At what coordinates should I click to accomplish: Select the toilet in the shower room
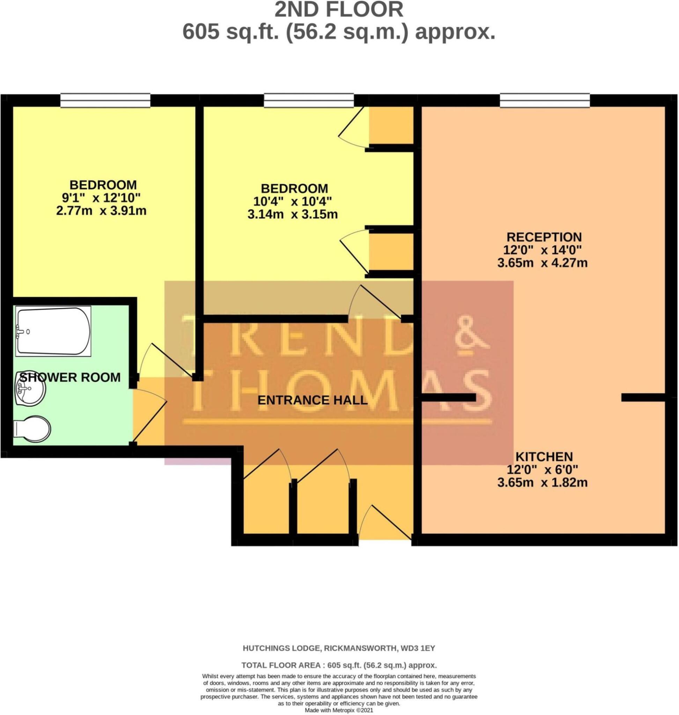pyautogui.click(x=31, y=430)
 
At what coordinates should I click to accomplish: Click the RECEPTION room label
pyautogui.click(x=544, y=237)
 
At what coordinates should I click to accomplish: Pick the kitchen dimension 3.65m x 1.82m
pyautogui.click(x=542, y=482)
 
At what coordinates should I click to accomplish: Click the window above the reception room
pyautogui.click(x=544, y=100)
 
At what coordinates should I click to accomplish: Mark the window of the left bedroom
pyautogui.click(x=105, y=100)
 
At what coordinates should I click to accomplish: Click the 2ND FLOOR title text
pyautogui.click(x=339, y=10)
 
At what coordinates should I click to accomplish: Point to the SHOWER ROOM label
pyautogui.click(x=69, y=377)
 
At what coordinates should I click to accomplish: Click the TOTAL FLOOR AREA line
pyautogui.click(x=339, y=665)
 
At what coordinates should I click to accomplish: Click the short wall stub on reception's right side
pyautogui.click(x=643, y=397)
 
